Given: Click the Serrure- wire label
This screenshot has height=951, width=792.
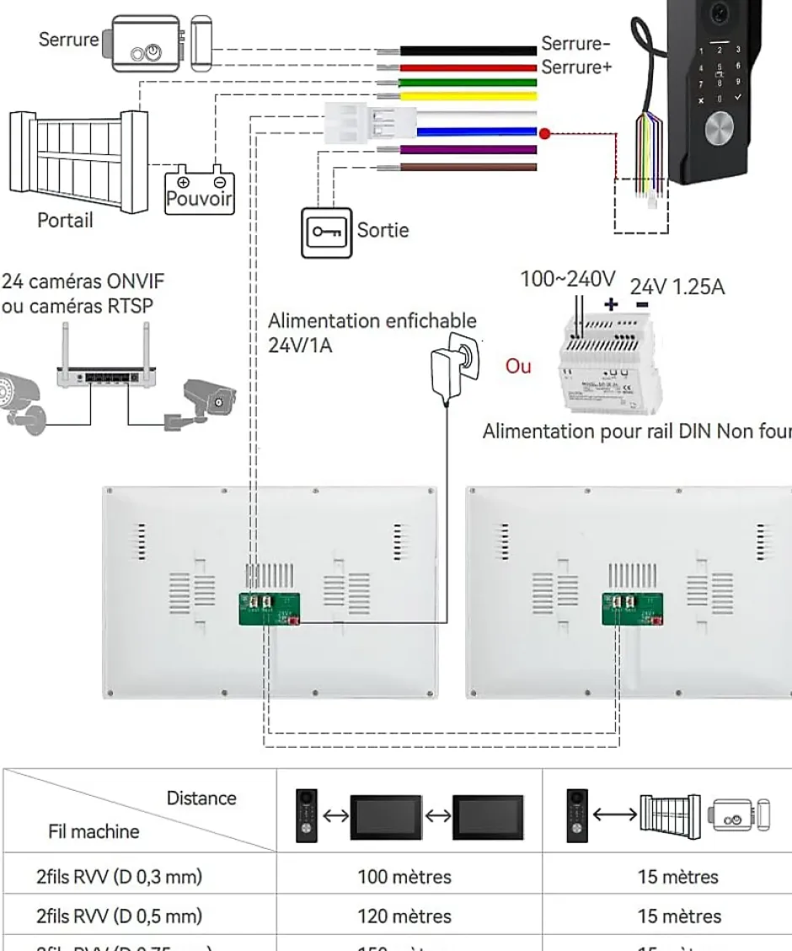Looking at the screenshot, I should (x=575, y=44).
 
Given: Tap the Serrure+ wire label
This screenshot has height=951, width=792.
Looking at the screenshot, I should (x=576, y=67).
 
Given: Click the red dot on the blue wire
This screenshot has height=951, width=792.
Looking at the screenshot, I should (x=544, y=132).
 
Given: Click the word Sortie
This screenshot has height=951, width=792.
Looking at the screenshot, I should (x=383, y=229).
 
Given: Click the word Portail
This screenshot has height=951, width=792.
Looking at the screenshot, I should (x=65, y=221).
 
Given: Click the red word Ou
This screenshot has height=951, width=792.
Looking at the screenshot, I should (x=517, y=367).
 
